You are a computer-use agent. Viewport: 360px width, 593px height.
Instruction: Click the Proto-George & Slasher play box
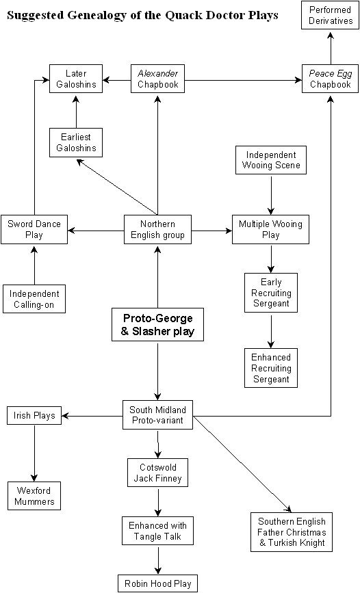tap(158, 326)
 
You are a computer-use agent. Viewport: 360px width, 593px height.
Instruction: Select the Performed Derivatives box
tap(331, 15)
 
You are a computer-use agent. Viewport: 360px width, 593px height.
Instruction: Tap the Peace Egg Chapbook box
tap(331, 79)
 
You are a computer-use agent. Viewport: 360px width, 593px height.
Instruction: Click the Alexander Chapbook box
tap(158, 79)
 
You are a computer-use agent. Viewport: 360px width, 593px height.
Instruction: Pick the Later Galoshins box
tap(76, 79)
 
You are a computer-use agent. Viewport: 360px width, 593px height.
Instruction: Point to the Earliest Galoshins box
tap(76, 142)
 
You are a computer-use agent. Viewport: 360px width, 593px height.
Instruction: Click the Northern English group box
tap(158, 229)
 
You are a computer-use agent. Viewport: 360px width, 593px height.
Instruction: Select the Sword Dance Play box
tap(34, 229)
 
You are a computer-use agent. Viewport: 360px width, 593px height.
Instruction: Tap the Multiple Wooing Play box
tap(271, 229)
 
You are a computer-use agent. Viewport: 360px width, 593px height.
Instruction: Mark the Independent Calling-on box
tap(34, 299)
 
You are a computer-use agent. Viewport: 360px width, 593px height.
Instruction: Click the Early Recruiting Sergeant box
tap(271, 293)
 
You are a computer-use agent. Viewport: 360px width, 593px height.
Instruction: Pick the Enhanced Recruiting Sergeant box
tap(271, 368)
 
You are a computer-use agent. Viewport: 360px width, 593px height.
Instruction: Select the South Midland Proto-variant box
tap(158, 415)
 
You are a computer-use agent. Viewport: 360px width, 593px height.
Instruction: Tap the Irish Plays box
tap(34, 415)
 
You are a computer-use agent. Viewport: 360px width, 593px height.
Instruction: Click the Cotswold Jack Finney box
tap(158, 473)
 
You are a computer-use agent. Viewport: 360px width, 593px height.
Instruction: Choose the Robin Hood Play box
tap(158, 583)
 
